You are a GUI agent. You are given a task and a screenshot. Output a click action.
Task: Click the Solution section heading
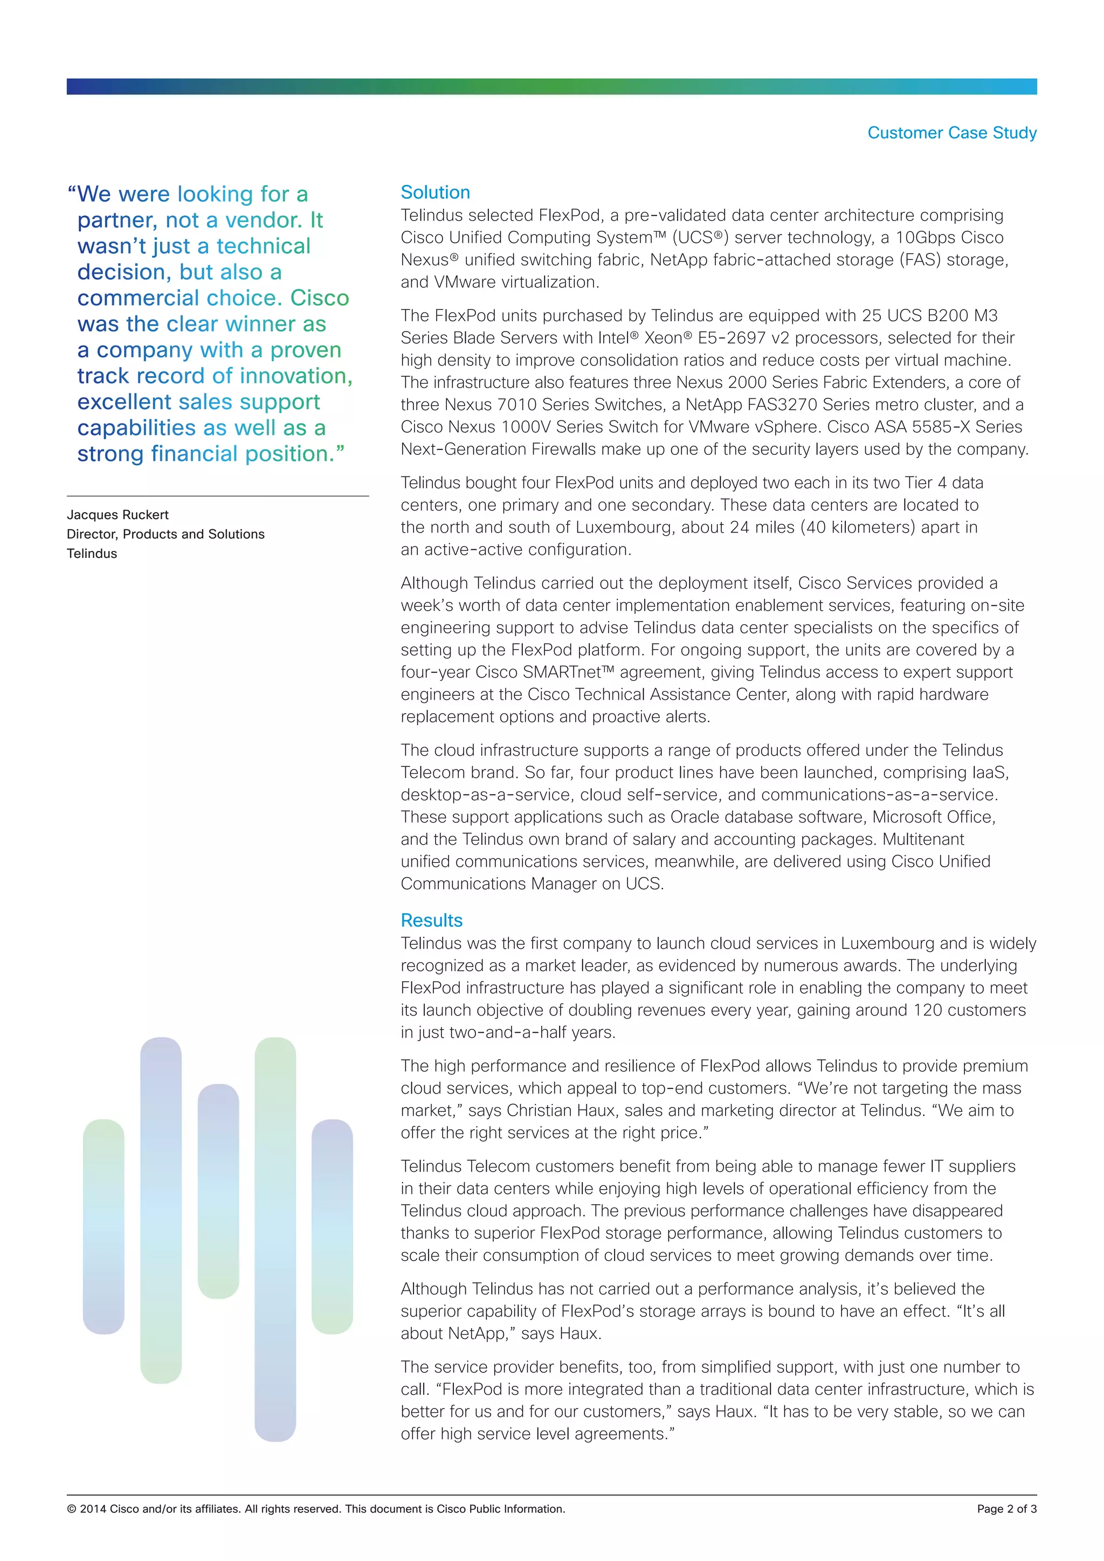pos(435,192)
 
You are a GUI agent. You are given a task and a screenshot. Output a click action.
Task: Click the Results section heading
pos(431,920)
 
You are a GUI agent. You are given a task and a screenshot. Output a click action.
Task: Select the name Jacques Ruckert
pos(118,515)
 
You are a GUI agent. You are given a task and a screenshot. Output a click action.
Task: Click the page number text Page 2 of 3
pos(1006,1509)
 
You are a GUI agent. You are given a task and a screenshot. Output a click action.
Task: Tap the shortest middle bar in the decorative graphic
pos(218,1190)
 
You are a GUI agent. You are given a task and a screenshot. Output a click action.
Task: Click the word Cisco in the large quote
pos(320,298)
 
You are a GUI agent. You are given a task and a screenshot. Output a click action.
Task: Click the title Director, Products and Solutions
pos(165,534)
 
